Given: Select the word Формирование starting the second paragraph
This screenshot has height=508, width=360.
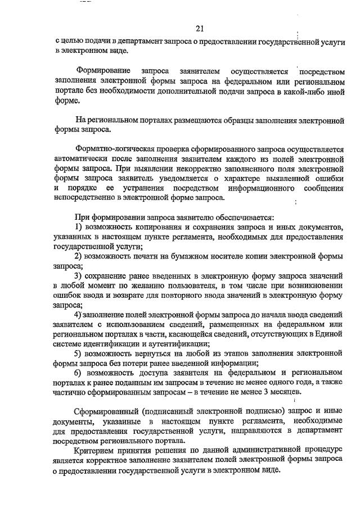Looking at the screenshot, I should pyautogui.click(x=104, y=71).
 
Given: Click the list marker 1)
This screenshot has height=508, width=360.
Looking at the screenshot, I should pyautogui.click(x=80, y=226).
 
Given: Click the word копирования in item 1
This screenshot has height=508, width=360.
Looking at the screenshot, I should pyautogui.click(x=156, y=226).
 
